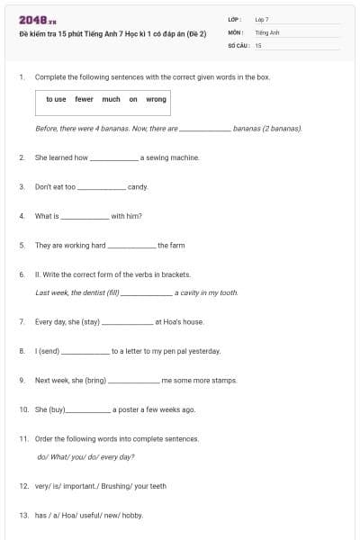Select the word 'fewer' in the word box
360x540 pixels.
84,99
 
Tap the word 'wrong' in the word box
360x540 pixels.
156,99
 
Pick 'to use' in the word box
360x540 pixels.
56,99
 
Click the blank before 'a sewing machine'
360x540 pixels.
114,158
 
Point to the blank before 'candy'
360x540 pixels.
102,188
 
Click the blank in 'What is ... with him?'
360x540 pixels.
85,217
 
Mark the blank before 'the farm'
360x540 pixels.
131,246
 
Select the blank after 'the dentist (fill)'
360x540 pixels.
146,293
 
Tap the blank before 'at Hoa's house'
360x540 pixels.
128,322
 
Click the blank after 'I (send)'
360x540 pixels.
85,352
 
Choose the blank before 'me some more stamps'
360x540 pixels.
133,382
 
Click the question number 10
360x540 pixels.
24,409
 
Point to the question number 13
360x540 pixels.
24,516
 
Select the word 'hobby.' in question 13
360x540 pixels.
131,516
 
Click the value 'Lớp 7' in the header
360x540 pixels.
262,19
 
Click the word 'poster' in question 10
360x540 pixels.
129,409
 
